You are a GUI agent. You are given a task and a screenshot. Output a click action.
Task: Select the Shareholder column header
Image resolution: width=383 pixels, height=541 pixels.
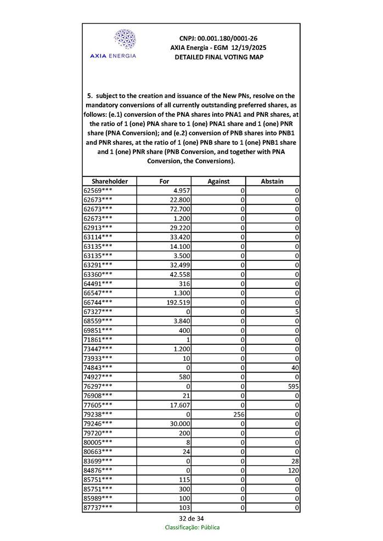pos(110,181)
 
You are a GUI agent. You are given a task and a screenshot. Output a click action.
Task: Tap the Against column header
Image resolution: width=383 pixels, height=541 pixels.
pos(218,181)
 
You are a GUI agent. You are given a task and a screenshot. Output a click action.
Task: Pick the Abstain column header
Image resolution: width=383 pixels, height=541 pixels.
pos(273,181)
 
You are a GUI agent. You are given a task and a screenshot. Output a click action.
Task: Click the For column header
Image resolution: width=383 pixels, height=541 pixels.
pos(164,181)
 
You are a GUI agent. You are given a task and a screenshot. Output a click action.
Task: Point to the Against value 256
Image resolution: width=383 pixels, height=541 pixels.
pos(236,414)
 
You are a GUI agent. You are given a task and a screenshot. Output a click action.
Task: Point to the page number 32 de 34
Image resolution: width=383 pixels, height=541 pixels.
pos(191,519)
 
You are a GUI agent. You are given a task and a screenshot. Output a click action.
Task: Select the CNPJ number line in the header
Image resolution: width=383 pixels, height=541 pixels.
pos(218,38)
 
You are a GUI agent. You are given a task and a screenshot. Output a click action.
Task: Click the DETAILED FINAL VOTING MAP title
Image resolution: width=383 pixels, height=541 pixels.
pos(218,57)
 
